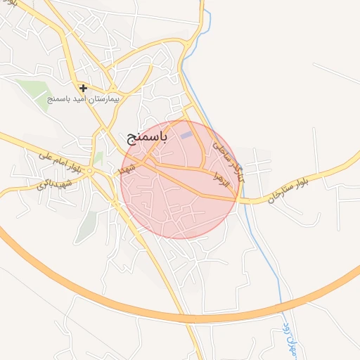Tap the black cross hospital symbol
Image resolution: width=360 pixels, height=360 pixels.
pyautogui.click(x=84, y=88)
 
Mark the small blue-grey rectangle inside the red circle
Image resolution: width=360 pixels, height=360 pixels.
pyautogui.click(x=186, y=135)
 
